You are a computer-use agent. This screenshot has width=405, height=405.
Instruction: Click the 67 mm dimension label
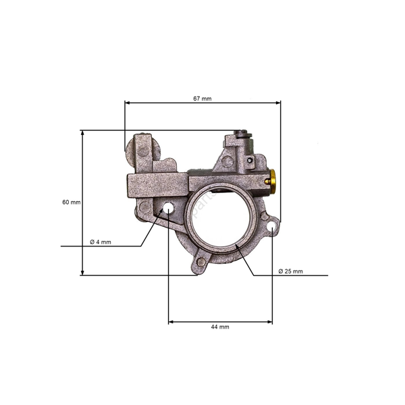tap(202, 99)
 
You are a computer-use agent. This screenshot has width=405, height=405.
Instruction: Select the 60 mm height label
tap(71, 202)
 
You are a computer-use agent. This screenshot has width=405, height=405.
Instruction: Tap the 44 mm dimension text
tap(220, 327)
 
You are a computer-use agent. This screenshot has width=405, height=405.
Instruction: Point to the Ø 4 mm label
tap(101, 242)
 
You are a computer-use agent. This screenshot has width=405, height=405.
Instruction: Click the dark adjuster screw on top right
tap(241, 135)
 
